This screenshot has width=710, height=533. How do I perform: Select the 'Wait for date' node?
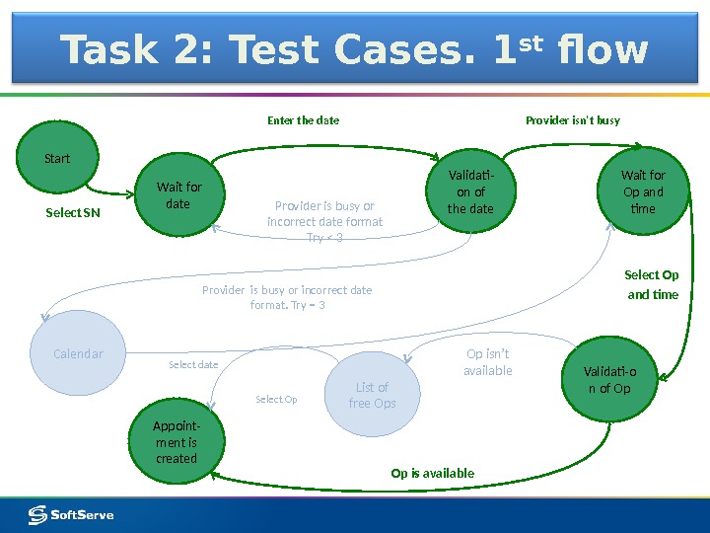178,195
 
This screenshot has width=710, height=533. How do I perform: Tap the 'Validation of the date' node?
470,191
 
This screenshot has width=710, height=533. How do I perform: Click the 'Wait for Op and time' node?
642,191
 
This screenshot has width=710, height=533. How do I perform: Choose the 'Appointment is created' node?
177,442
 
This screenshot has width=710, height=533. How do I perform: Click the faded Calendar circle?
78,354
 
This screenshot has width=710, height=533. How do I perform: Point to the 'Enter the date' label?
304,120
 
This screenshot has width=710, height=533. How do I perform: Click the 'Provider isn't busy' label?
573,120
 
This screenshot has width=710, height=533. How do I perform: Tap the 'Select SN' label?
74,213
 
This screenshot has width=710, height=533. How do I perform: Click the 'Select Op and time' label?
652,284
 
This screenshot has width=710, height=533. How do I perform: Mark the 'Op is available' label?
433,474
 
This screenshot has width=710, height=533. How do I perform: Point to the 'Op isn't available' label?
488,362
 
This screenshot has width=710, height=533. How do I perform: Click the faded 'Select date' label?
193,365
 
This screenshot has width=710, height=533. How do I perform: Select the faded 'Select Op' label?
276,400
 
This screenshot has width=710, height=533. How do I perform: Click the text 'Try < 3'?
324,238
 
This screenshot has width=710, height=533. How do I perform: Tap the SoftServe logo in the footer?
71,514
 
